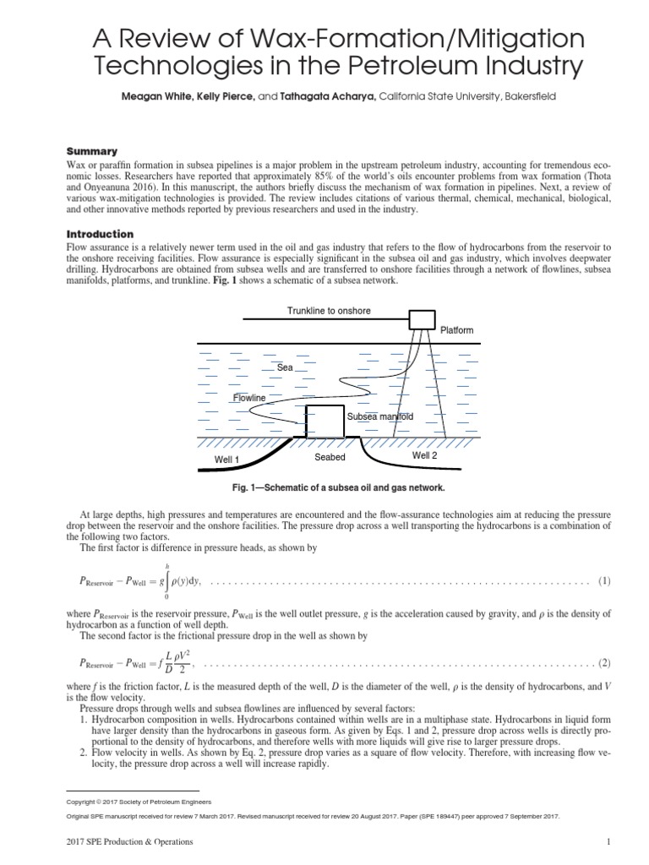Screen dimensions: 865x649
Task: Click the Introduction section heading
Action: (x=100, y=233)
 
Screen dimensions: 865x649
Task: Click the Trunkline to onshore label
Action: (x=329, y=311)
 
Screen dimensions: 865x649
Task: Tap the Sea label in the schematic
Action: (x=285, y=368)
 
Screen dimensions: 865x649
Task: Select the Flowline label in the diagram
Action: (x=249, y=397)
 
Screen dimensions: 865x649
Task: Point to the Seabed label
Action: (x=330, y=457)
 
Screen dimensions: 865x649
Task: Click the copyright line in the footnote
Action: (x=144, y=801)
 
